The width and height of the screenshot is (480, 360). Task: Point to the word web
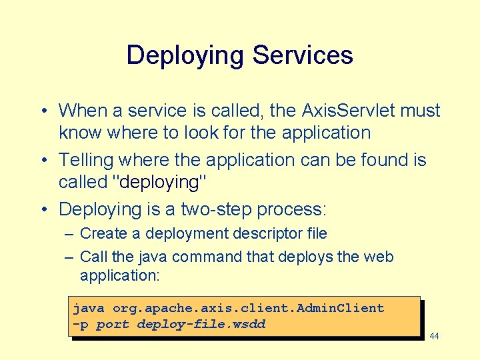pos(380,257)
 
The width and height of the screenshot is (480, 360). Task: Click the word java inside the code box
pos(89,308)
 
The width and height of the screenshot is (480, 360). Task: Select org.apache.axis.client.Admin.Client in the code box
pos(248,308)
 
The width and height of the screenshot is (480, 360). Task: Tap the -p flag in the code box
pos(80,325)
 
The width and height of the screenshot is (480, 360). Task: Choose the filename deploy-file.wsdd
pos(201,325)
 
